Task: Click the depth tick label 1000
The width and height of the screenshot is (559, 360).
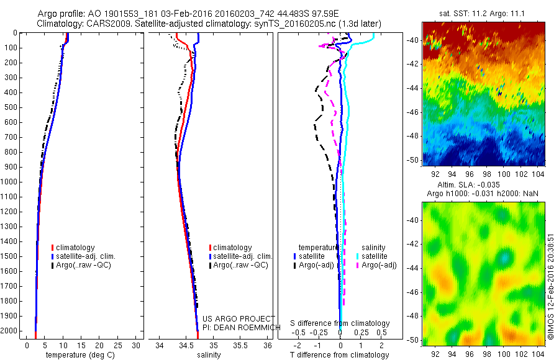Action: (x=10, y=182)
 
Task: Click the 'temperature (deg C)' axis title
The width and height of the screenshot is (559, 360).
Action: (x=78, y=355)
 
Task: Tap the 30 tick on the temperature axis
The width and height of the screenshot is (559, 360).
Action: (x=136, y=345)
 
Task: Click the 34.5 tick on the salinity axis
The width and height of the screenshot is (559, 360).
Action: (x=186, y=345)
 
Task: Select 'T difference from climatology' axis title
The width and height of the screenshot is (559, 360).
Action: (x=340, y=355)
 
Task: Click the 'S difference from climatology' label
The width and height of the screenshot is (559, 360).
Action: (x=340, y=323)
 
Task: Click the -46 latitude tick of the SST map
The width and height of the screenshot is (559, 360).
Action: (x=414, y=112)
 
